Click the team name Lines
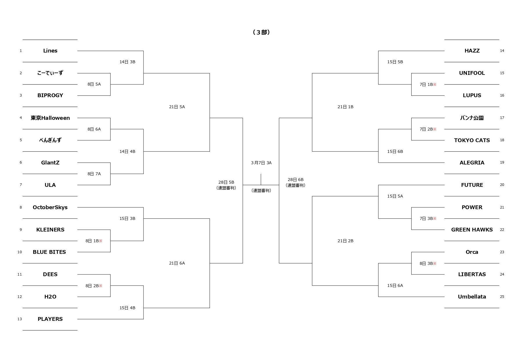(50, 51)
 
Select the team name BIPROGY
(50, 95)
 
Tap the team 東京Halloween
(50, 118)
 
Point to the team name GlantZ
(50, 163)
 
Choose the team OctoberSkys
(50, 207)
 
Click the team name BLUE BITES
(49, 252)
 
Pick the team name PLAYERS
(50, 319)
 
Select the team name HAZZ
(472, 51)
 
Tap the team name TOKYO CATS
(472, 140)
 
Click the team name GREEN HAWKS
(472, 230)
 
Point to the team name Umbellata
(472, 297)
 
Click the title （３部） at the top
(261, 32)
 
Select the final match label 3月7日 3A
(261, 163)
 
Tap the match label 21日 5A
(177, 107)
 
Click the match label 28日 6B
(295, 180)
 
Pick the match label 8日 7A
(94, 174)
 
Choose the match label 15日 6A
(395, 286)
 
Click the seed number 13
(20, 319)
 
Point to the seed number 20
(502, 185)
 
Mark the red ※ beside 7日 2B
(435, 129)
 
